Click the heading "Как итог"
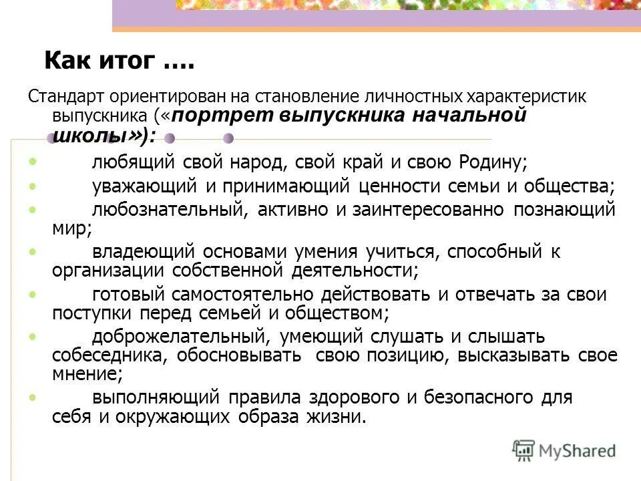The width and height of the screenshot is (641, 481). (119, 62)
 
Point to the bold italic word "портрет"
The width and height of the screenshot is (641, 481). (223, 115)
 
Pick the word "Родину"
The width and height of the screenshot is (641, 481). (493, 162)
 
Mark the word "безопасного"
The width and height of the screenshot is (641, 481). (475, 397)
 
